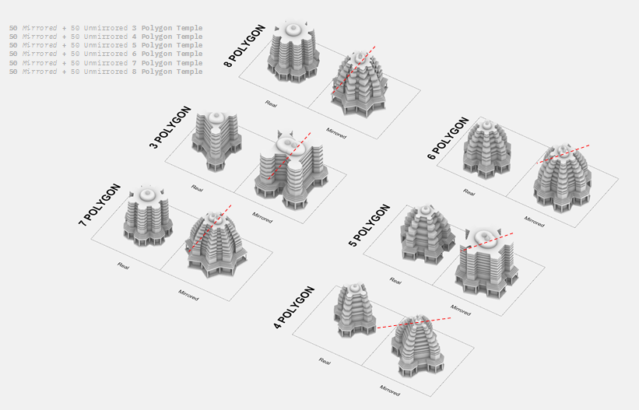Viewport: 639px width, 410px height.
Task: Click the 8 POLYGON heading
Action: [245, 46]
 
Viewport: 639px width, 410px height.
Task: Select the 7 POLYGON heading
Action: [100, 205]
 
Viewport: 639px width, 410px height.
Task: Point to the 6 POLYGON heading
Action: [448, 138]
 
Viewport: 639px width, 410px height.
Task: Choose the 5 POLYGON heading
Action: [369, 226]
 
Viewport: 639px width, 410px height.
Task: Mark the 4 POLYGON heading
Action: [293, 307]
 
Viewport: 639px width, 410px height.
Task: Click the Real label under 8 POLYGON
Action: [271, 103]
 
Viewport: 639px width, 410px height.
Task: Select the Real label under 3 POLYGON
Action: [198, 187]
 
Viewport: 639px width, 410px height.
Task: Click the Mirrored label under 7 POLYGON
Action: [188, 296]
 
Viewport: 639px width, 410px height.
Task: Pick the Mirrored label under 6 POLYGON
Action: [534, 222]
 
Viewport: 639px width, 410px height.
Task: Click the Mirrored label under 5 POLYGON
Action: [461, 309]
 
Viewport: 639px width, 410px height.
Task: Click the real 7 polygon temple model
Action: [146, 217]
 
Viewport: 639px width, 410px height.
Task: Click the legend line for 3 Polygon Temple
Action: [106, 28]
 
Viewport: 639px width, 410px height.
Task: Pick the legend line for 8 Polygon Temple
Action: [106, 72]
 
